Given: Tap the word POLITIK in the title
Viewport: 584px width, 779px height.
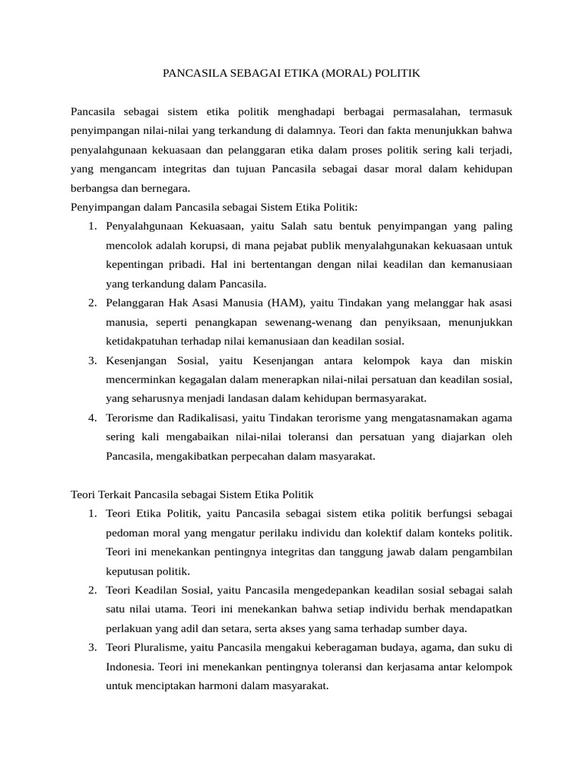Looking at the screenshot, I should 395,74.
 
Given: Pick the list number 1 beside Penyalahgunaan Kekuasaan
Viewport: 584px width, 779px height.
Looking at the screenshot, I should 91,226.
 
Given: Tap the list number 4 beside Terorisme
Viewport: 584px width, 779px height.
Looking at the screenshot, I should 91,417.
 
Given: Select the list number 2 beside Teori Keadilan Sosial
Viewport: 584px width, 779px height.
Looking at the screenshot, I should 91,590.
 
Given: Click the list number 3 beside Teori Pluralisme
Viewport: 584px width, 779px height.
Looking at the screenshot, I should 91,647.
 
